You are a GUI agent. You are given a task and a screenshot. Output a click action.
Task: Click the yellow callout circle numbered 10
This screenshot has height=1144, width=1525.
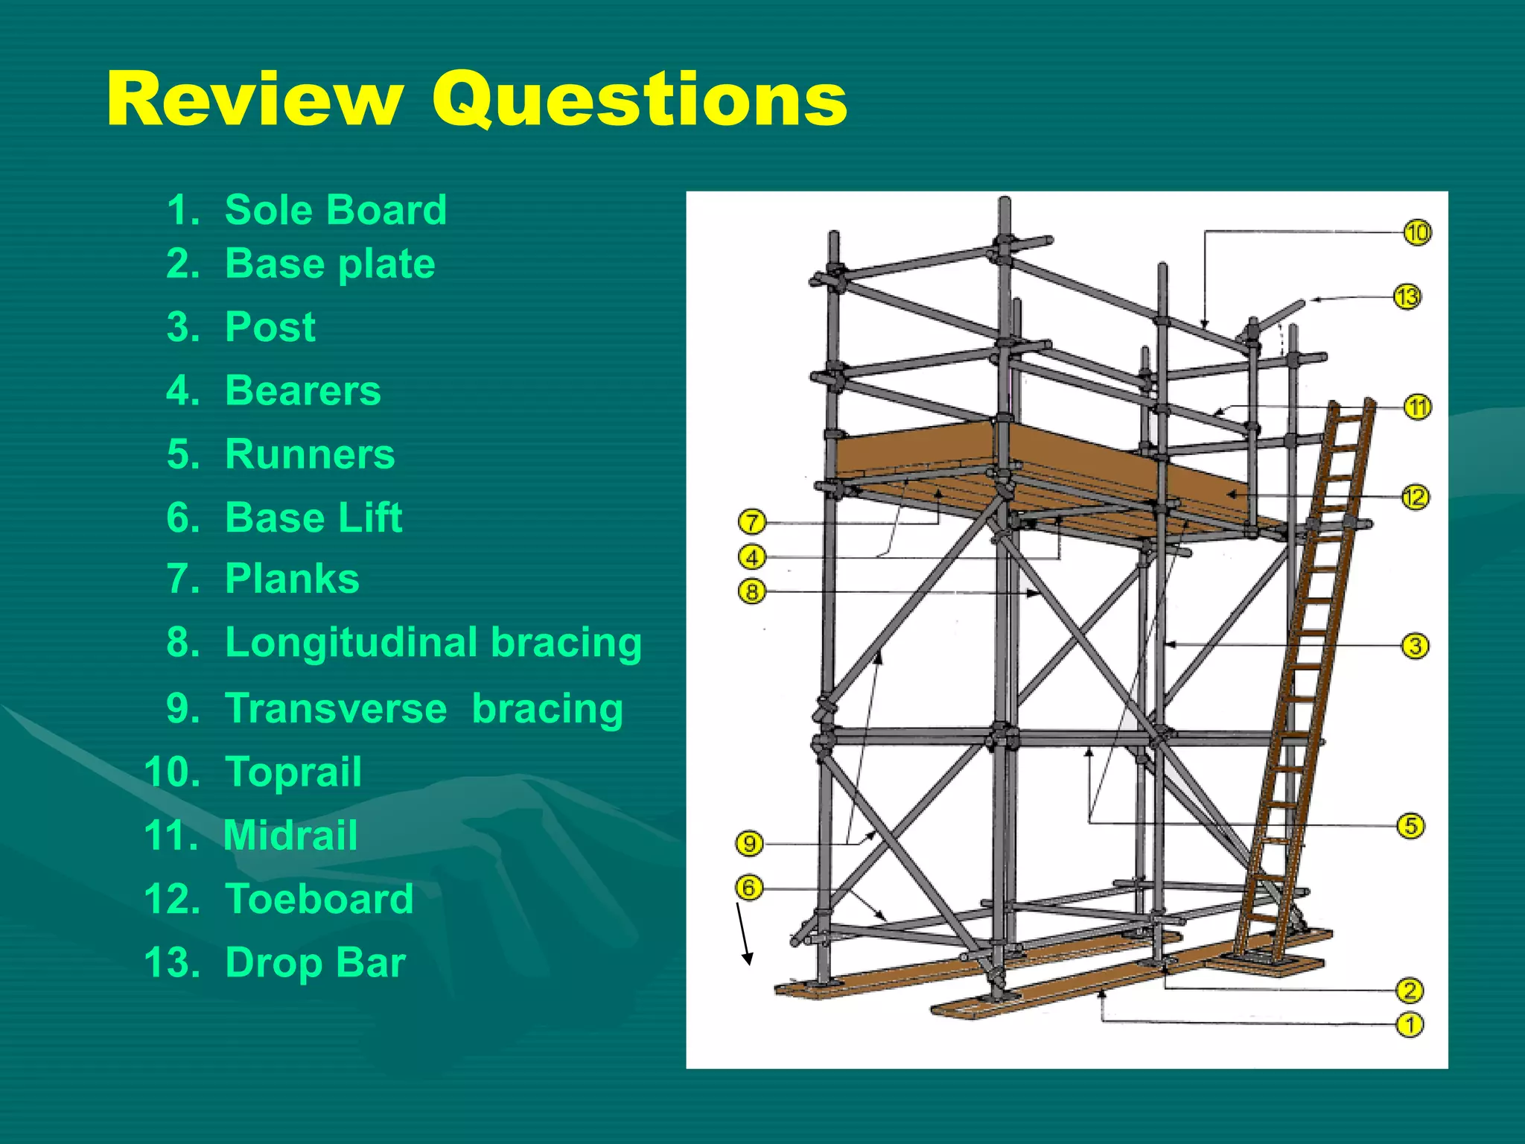[x=1417, y=233]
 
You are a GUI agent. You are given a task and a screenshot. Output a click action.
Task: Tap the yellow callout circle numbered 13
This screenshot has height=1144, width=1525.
[x=1407, y=297]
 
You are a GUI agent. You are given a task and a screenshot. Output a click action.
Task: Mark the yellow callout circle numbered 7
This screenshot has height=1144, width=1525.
[x=752, y=522]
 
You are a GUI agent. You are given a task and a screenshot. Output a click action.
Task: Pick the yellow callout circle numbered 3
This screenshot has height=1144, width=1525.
[x=1415, y=646]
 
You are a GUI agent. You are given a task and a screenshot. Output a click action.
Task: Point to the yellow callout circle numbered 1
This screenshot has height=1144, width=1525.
[x=1410, y=1025]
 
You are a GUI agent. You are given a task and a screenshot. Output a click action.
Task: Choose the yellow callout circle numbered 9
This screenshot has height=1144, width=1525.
[x=749, y=844]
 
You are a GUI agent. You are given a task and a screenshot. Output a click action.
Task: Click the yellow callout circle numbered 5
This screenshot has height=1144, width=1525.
[x=1410, y=826]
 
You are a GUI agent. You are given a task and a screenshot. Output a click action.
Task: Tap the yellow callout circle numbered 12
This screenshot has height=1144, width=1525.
[x=1415, y=497]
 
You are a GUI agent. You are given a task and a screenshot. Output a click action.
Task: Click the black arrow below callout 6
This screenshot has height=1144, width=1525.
[x=744, y=934]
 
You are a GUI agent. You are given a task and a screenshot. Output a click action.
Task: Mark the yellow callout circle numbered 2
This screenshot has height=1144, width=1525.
[x=1410, y=991]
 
